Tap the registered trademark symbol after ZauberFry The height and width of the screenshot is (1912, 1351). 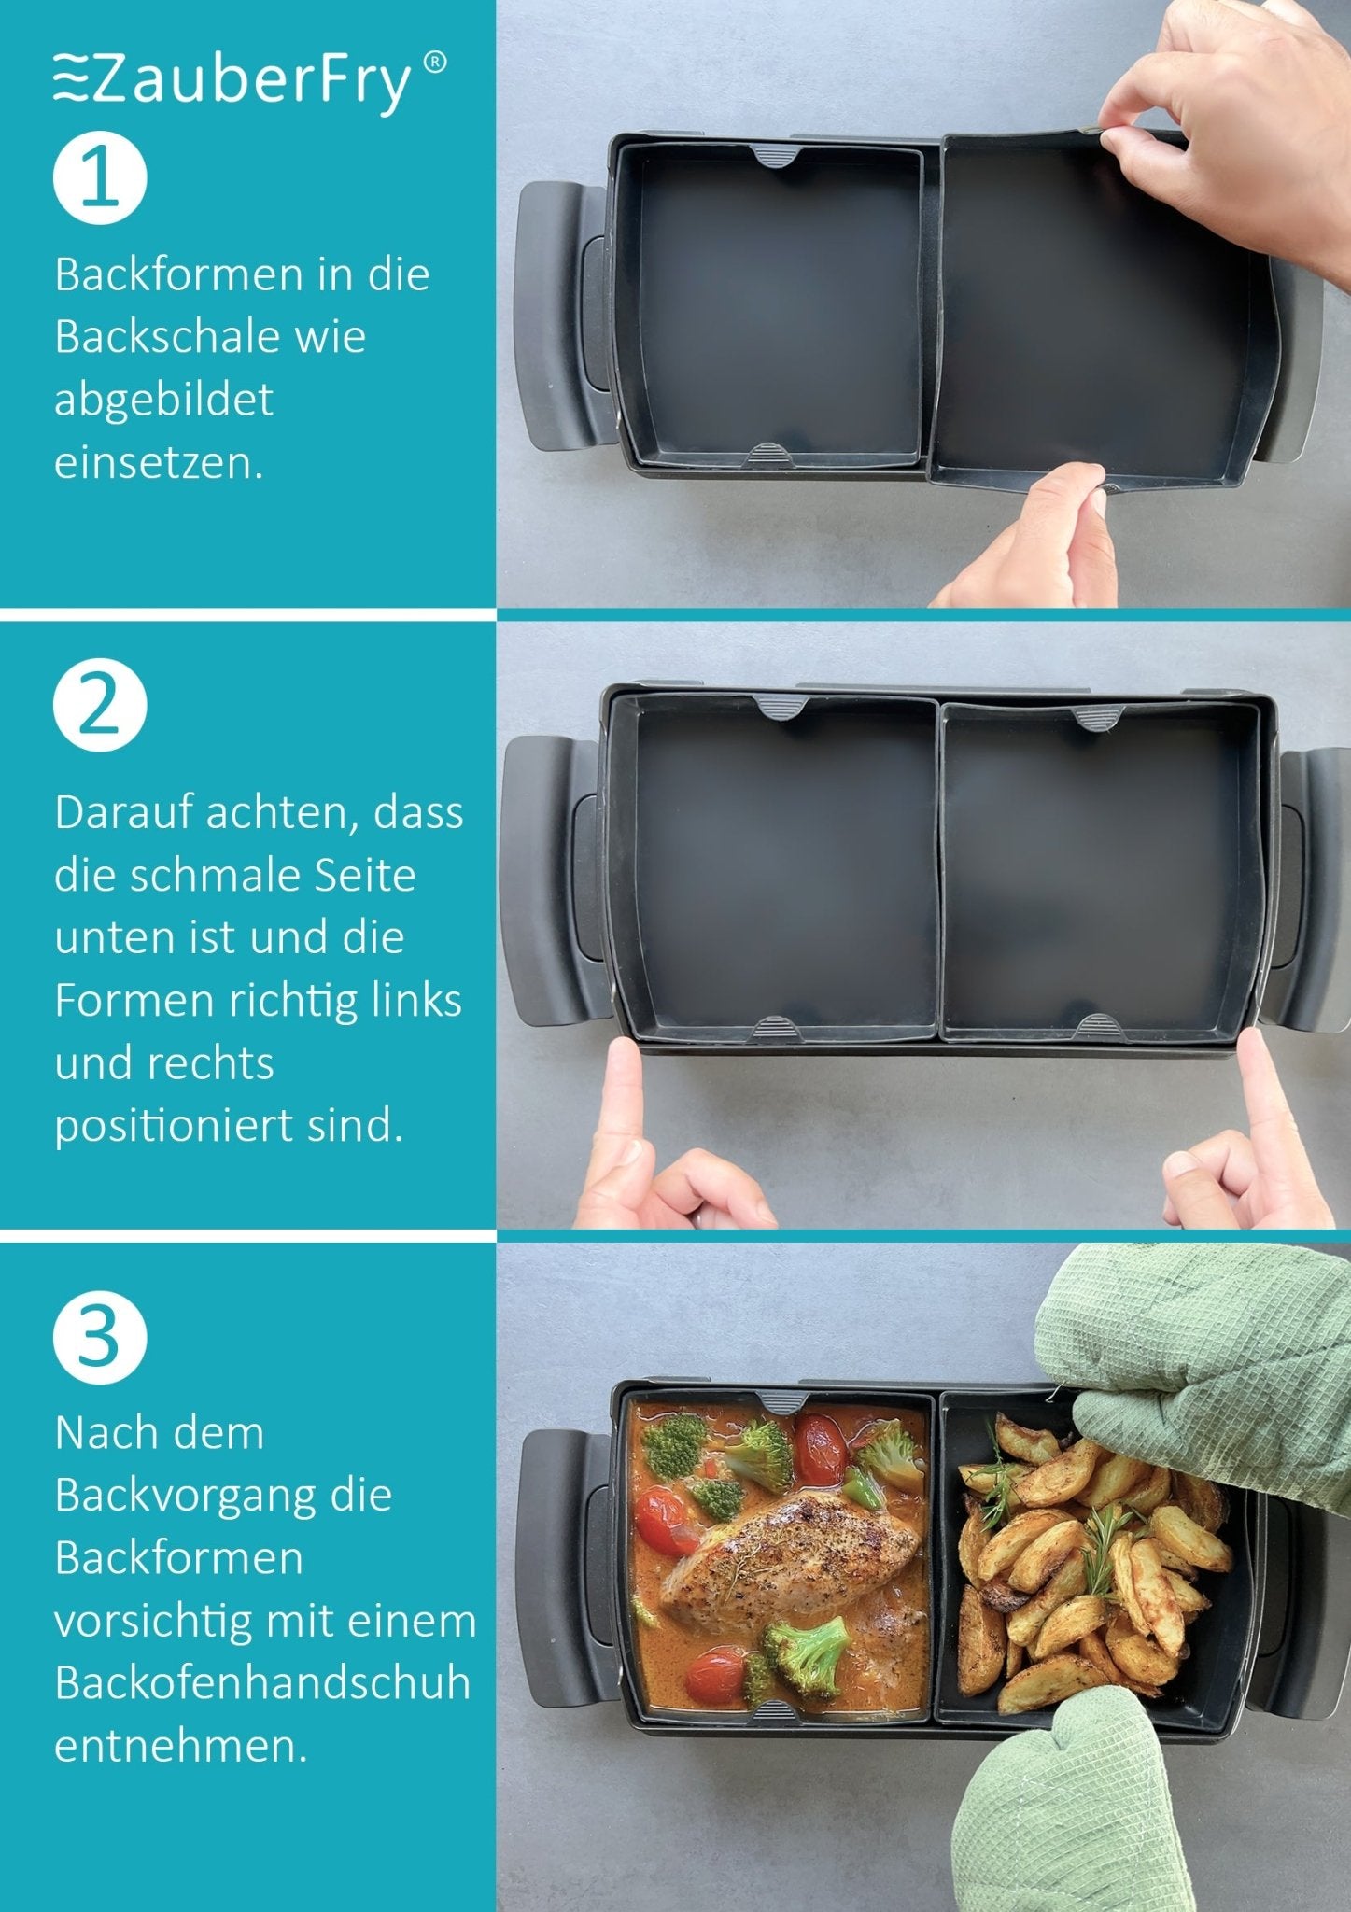coord(434,63)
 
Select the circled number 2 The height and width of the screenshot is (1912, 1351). coord(100,706)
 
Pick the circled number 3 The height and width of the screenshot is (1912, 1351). coord(100,1337)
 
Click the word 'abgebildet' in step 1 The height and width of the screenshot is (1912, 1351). coord(163,400)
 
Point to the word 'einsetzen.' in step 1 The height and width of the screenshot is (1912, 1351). coord(159,463)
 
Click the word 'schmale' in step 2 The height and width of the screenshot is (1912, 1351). coord(216,876)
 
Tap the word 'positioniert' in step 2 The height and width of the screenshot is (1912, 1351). coord(175,1126)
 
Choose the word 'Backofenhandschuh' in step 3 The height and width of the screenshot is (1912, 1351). coord(262,1683)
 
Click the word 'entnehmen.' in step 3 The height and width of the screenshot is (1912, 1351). coord(181,1746)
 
